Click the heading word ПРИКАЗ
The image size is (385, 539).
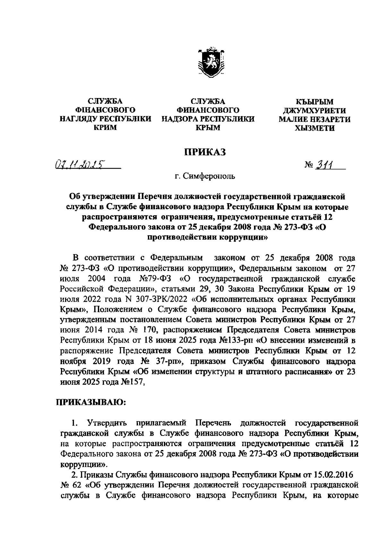coord(204,152)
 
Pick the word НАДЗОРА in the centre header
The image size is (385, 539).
coord(182,119)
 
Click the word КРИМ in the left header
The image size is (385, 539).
coord(105,128)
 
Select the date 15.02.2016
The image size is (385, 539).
coord(333,474)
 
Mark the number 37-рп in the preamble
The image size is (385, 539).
coord(167,361)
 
